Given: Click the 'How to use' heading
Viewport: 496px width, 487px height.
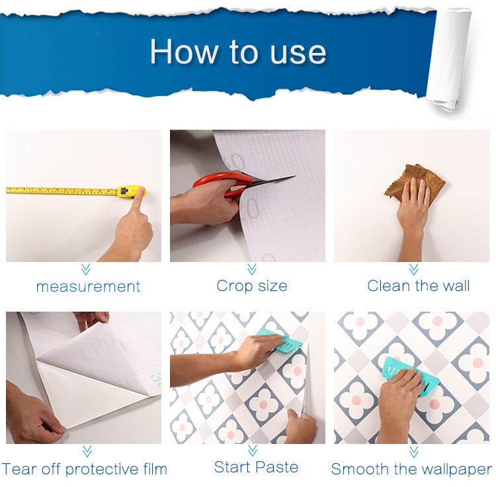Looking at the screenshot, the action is tap(238, 52).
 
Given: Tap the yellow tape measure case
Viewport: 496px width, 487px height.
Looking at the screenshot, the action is tap(130, 191).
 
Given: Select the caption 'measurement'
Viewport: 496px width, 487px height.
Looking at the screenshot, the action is tap(88, 287).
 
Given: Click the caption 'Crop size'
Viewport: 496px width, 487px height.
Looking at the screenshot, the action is tap(252, 286).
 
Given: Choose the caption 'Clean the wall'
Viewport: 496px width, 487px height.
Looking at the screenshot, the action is tap(418, 286).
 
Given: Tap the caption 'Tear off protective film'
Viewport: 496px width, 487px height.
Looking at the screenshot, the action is tap(85, 469).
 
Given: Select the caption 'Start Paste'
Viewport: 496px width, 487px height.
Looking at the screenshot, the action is tap(256, 467).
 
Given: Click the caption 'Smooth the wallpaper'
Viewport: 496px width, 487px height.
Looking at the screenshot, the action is tap(411, 469).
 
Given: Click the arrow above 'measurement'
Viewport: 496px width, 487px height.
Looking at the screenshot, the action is tap(86, 269).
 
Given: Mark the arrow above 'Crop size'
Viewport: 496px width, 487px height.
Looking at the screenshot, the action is tap(252, 269).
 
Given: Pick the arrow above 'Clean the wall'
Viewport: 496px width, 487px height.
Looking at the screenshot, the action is tap(414, 269).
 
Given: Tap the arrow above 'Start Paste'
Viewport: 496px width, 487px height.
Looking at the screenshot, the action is tap(253, 451).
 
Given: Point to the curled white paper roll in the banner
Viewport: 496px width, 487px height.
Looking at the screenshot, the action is tap(448, 59).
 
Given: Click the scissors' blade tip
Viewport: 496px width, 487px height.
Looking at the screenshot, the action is tap(295, 176).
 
